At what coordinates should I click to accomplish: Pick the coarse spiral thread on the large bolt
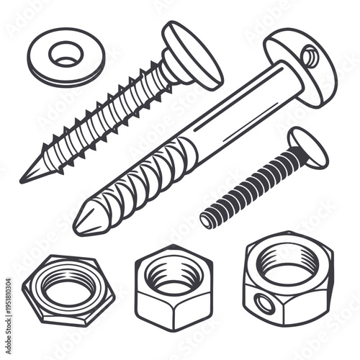[x=144, y=183]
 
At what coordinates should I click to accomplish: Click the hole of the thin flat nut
[x=68, y=292]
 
